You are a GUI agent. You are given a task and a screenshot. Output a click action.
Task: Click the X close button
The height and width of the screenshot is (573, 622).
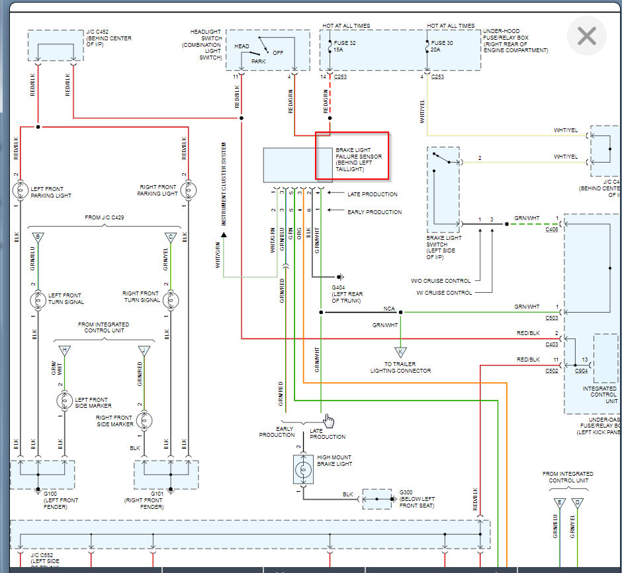tap(587, 36)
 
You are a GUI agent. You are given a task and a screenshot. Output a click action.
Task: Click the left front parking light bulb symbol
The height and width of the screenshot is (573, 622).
tap(21, 191)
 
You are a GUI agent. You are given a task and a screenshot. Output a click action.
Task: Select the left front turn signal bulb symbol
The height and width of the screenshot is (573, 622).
tap(38, 299)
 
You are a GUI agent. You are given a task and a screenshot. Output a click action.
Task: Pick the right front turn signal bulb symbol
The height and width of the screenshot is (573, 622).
tap(171, 299)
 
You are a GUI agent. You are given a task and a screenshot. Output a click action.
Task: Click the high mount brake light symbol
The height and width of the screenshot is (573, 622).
tap(303, 469)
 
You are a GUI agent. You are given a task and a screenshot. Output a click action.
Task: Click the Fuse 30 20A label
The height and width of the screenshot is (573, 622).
tap(444, 46)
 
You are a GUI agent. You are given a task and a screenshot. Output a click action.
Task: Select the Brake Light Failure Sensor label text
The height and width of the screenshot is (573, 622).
tap(358, 160)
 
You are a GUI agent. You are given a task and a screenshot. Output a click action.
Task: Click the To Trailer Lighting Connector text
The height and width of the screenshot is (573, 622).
tap(400, 367)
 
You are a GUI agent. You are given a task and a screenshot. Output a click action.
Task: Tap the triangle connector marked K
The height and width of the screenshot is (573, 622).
tap(400, 352)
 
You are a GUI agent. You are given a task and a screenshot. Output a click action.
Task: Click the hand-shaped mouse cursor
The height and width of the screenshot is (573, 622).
tap(329, 421)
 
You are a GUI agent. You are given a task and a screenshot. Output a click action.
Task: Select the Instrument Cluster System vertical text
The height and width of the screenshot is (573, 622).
tap(224, 182)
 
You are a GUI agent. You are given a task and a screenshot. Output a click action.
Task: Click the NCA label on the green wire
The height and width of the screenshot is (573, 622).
tap(390, 309)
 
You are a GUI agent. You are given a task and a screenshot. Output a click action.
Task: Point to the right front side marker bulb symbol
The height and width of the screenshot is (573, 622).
tap(144, 420)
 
